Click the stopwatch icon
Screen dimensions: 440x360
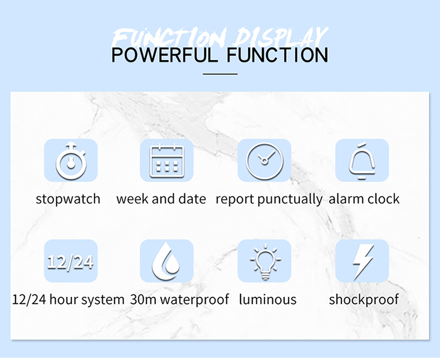coord(71,161)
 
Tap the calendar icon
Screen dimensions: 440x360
coord(167,161)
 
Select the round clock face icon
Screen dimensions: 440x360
coord(265,161)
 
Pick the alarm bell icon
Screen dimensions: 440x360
coord(362,161)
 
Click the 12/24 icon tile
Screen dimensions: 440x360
coord(71,261)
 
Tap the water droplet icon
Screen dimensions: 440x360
coord(166,261)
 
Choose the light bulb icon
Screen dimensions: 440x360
coord(265,262)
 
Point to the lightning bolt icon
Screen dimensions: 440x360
coord(363,262)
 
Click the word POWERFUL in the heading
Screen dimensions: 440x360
coord(165,55)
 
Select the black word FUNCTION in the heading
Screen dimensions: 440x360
coord(277,55)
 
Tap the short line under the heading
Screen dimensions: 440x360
coord(220,75)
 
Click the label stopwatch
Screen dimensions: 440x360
coord(68,199)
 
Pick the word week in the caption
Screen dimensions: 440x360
coord(133,199)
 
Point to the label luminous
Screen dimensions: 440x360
coord(268,299)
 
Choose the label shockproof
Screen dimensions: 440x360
coord(364,300)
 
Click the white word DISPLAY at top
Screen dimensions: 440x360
coord(281,37)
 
